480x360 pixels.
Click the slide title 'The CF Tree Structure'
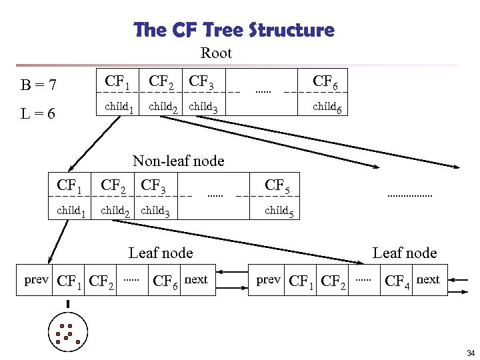[x=233, y=31]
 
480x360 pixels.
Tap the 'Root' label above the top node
[x=216, y=53]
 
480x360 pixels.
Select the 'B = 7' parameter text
[x=38, y=85]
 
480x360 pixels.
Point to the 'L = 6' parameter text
[x=38, y=114]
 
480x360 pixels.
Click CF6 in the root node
[x=326, y=83]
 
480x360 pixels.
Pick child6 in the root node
[x=327, y=107]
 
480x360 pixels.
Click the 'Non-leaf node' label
[x=178, y=161]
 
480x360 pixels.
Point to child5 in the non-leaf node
[x=279, y=211]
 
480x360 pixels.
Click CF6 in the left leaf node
[x=166, y=281]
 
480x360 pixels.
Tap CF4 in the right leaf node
[x=398, y=281]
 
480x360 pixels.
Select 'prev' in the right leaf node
[x=268, y=279]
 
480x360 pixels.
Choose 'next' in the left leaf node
[x=196, y=279]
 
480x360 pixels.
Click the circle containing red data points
[x=67, y=333]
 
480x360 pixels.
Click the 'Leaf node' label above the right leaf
[x=404, y=253]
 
